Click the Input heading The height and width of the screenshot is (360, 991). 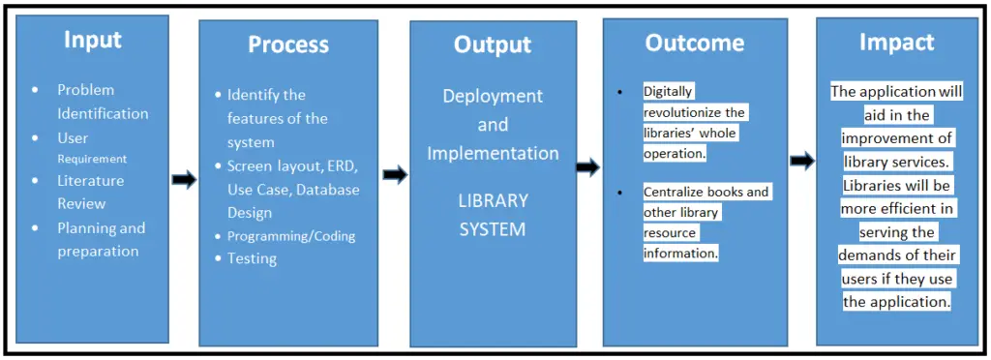tap(93, 40)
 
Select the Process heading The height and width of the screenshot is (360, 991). tap(288, 45)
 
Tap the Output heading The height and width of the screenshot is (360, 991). tap(493, 45)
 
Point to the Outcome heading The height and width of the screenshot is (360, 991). tap(695, 43)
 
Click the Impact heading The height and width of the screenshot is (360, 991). tap(897, 42)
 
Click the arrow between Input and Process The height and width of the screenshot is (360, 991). tap(184, 180)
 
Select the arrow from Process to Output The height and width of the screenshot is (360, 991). tap(395, 175)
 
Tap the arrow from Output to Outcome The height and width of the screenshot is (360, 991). tap(587, 167)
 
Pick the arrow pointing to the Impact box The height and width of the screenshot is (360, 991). tap(802, 161)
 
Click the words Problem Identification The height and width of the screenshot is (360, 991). tap(103, 102)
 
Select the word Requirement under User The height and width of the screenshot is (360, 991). tap(92, 159)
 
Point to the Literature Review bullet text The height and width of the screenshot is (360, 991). tap(90, 192)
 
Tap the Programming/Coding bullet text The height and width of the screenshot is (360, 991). tap(291, 236)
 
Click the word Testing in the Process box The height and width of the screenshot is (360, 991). tap(252, 258)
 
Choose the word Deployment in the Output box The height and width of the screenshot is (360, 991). tap(493, 96)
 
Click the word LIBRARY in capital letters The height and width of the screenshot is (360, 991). tap(493, 201)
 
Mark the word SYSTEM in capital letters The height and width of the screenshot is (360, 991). tap(493, 229)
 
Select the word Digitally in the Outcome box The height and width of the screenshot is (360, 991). tap(669, 91)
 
